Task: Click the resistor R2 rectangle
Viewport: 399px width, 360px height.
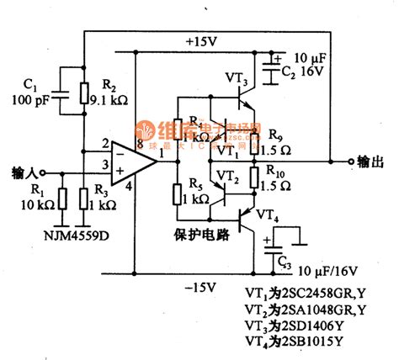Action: coord(83,94)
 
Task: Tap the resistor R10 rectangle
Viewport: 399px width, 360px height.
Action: coord(252,178)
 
